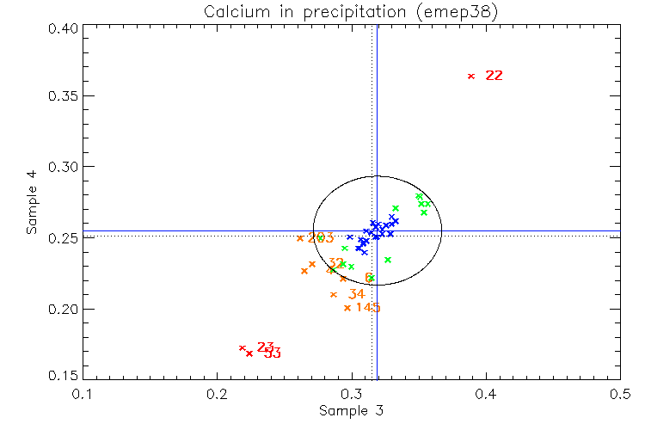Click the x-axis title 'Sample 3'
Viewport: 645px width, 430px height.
pyautogui.click(x=351, y=411)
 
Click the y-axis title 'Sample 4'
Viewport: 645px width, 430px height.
pyautogui.click(x=32, y=203)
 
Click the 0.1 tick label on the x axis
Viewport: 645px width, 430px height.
pyautogui.click(x=83, y=394)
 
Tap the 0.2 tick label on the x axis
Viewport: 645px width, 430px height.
pyautogui.click(x=217, y=394)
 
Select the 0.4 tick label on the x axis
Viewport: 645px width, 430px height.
pyautogui.click(x=486, y=394)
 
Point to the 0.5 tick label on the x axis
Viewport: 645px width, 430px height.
pyautogui.click(x=620, y=394)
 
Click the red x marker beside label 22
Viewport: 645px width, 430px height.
pyautogui.click(x=470, y=76)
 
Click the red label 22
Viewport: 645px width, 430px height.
pyautogui.click(x=494, y=76)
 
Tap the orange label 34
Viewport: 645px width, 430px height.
pyautogui.click(x=356, y=294)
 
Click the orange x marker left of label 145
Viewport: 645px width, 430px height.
pyautogui.click(x=347, y=308)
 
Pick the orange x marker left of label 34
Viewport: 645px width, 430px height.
pyautogui.click(x=334, y=294)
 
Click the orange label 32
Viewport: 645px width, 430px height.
pyautogui.click(x=336, y=263)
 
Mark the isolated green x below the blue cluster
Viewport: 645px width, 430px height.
pyautogui.click(x=388, y=260)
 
